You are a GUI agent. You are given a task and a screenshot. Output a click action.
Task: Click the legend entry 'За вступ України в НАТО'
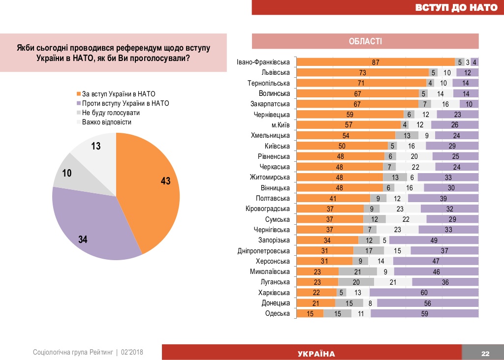point(120,93)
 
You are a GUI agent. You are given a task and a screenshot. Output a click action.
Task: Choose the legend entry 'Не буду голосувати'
point(111,113)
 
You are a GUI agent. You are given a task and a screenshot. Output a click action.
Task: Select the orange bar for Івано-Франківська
point(376,62)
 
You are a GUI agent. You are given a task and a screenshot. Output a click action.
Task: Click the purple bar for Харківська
point(424,292)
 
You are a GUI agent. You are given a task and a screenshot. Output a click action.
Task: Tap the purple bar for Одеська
point(424,313)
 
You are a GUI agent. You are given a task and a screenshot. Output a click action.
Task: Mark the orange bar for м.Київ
point(349,125)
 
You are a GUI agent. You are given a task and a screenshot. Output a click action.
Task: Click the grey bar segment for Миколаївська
point(358,271)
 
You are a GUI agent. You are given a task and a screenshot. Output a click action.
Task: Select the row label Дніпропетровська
point(264,250)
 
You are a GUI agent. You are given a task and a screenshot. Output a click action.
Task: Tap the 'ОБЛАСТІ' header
point(365,41)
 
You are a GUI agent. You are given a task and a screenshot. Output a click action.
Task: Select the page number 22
point(485,354)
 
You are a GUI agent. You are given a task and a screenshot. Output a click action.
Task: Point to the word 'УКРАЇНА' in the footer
point(316,354)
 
